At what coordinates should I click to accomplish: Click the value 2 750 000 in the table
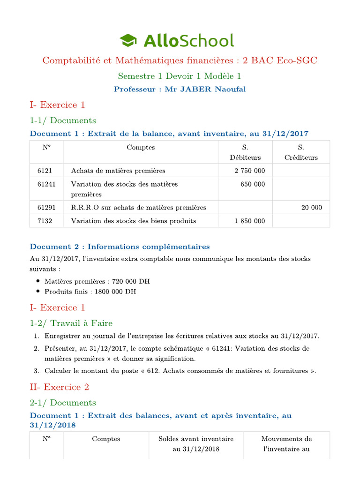(249, 171)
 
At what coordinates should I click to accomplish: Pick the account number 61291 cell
(46, 207)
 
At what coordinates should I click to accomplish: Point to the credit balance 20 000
(311, 207)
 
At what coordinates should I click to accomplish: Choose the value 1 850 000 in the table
(249, 221)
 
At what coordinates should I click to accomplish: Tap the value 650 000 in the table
(253, 184)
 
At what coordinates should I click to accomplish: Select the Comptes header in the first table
(141, 147)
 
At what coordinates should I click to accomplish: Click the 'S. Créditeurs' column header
(301, 152)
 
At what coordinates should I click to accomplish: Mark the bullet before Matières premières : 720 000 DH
(37, 281)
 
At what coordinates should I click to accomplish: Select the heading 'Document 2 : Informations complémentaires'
(120, 246)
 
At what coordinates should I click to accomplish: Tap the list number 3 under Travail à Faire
(36, 371)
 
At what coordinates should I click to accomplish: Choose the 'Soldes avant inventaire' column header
(196, 444)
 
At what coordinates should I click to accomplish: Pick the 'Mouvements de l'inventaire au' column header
(286, 444)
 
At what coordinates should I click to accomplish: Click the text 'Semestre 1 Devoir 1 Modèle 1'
(180, 76)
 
